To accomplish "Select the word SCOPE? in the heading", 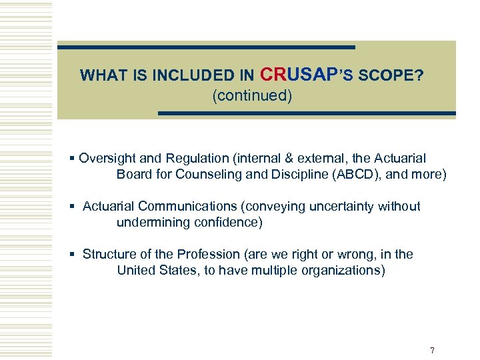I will [x=391, y=75].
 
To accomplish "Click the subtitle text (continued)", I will [x=252, y=96].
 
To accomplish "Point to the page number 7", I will [x=433, y=350].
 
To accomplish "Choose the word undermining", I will [x=153, y=223].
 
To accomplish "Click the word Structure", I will [x=109, y=255].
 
